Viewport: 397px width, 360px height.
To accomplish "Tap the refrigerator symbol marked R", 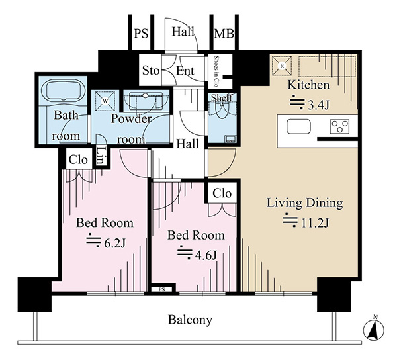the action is click(282, 66).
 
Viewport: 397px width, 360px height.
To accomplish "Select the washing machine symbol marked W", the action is click(105, 101).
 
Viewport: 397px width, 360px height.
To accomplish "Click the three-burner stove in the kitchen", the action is click(340, 126).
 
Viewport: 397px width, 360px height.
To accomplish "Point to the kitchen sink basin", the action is click(298, 126).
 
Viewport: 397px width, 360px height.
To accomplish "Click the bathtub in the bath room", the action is click(65, 91).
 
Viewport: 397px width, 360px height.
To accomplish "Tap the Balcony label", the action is click(190, 320).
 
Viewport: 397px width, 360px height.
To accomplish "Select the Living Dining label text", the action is click(305, 203).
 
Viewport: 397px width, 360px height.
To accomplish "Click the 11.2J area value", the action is click(315, 223).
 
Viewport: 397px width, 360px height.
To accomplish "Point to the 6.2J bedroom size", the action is click(114, 244).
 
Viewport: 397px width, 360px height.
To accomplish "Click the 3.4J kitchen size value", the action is click(318, 105).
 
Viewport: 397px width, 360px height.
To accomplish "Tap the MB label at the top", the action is click(224, 34).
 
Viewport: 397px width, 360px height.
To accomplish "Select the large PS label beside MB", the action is click(141, 34).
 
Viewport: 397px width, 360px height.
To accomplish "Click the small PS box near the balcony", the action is click(162, 289).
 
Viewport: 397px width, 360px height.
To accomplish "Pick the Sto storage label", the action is click(151, 71).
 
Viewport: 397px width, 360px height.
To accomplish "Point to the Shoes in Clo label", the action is click(216, 71).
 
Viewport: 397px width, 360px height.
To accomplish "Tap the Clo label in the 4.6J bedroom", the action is click(222, 193).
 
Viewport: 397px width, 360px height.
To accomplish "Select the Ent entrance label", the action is click(185, 71).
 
